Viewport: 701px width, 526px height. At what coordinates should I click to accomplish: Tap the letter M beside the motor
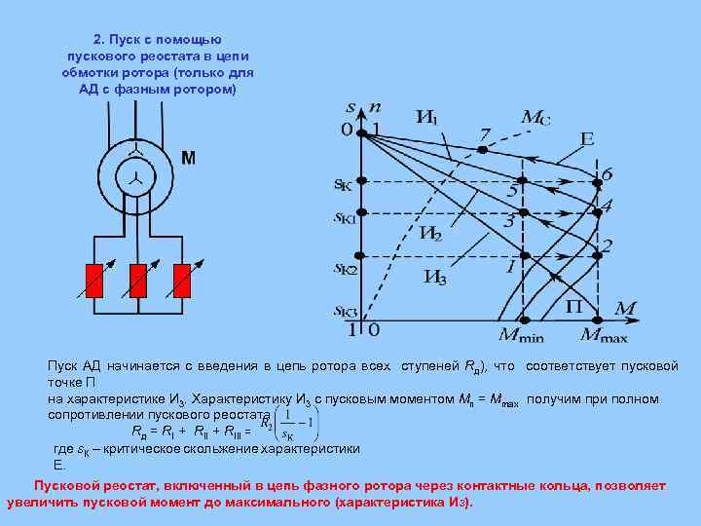pyautogui.click(x=189, y=158)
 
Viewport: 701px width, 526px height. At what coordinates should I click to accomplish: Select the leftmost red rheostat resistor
pyautogui.click(x=94, y=280)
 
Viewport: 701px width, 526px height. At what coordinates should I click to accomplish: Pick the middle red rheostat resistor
pyautogui.click(x=137, y=280)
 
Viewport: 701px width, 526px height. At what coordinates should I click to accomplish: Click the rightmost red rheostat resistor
pyautogui.click(x=180, y=280)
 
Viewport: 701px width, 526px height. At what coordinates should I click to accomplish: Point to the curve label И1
pyautogui.click(x=426, y=118)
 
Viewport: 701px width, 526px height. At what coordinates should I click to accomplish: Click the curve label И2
pyautogui.click(x=430, y=234)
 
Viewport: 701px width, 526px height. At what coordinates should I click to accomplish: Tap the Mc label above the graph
pyautogui.click(x=535, y=118)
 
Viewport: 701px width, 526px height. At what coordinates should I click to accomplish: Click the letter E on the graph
pyautogui.click(x=587, y=139)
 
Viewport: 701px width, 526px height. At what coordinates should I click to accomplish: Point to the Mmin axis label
pyautogui.click(x=522, y=336)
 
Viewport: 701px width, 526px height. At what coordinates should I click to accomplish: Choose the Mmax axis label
pyautogui.click(x=604, y=336)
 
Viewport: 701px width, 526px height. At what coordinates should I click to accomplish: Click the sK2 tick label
pyautogui.click(x=347, y=266)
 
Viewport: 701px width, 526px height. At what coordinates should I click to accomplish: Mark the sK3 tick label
pyautogui.click(x=347, y=311)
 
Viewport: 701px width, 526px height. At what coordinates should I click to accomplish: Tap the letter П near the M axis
pyautogui.click(x=574, y=306)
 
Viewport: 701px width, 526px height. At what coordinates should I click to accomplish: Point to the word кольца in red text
pyautogui.click(x=583, y=484)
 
